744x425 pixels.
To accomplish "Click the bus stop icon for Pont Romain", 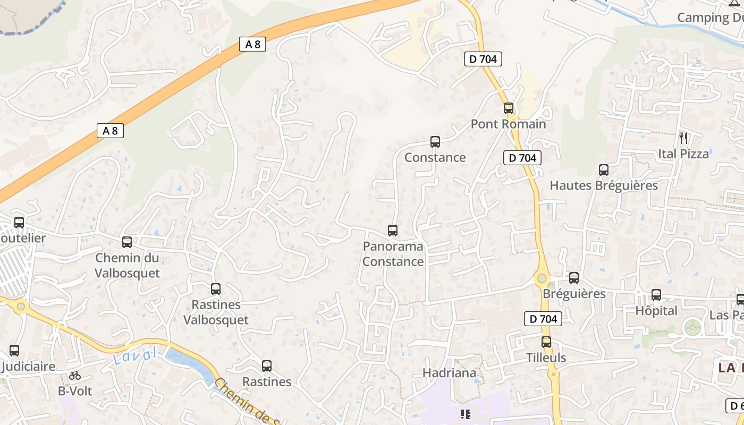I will [x=509, y=108].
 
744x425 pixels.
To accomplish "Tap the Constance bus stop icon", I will [x=435, y=142].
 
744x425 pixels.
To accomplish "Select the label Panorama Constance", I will [x=393, y=254].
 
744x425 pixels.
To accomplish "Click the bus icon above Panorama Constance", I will [x=393, y=231].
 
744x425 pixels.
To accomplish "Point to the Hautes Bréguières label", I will [x=604, y=185].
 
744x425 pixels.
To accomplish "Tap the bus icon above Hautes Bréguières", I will [x=604, y=170].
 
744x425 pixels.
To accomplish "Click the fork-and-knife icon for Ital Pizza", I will [x=683, y=138].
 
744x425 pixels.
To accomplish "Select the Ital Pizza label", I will [x=683, y=154].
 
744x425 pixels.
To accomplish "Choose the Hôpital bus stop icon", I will [x=656, y=295].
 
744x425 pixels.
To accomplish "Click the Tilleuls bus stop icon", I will [x=546, y=342].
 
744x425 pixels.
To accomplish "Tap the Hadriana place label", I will [x=449, y=373].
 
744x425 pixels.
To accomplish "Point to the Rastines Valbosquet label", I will [x=216, y=312].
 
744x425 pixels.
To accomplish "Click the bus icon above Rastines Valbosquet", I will [x=216, y=289].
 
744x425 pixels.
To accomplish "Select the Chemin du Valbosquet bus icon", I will [x=127, y=242].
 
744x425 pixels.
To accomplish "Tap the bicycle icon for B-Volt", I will [x=75, y=376].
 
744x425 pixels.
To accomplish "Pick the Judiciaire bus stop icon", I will [x=14, y=351].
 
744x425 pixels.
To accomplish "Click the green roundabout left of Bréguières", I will [x=542, y=278].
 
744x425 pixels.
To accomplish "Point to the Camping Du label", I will [x=710, y=17].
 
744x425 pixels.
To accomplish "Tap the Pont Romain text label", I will [x=509, y=124].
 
